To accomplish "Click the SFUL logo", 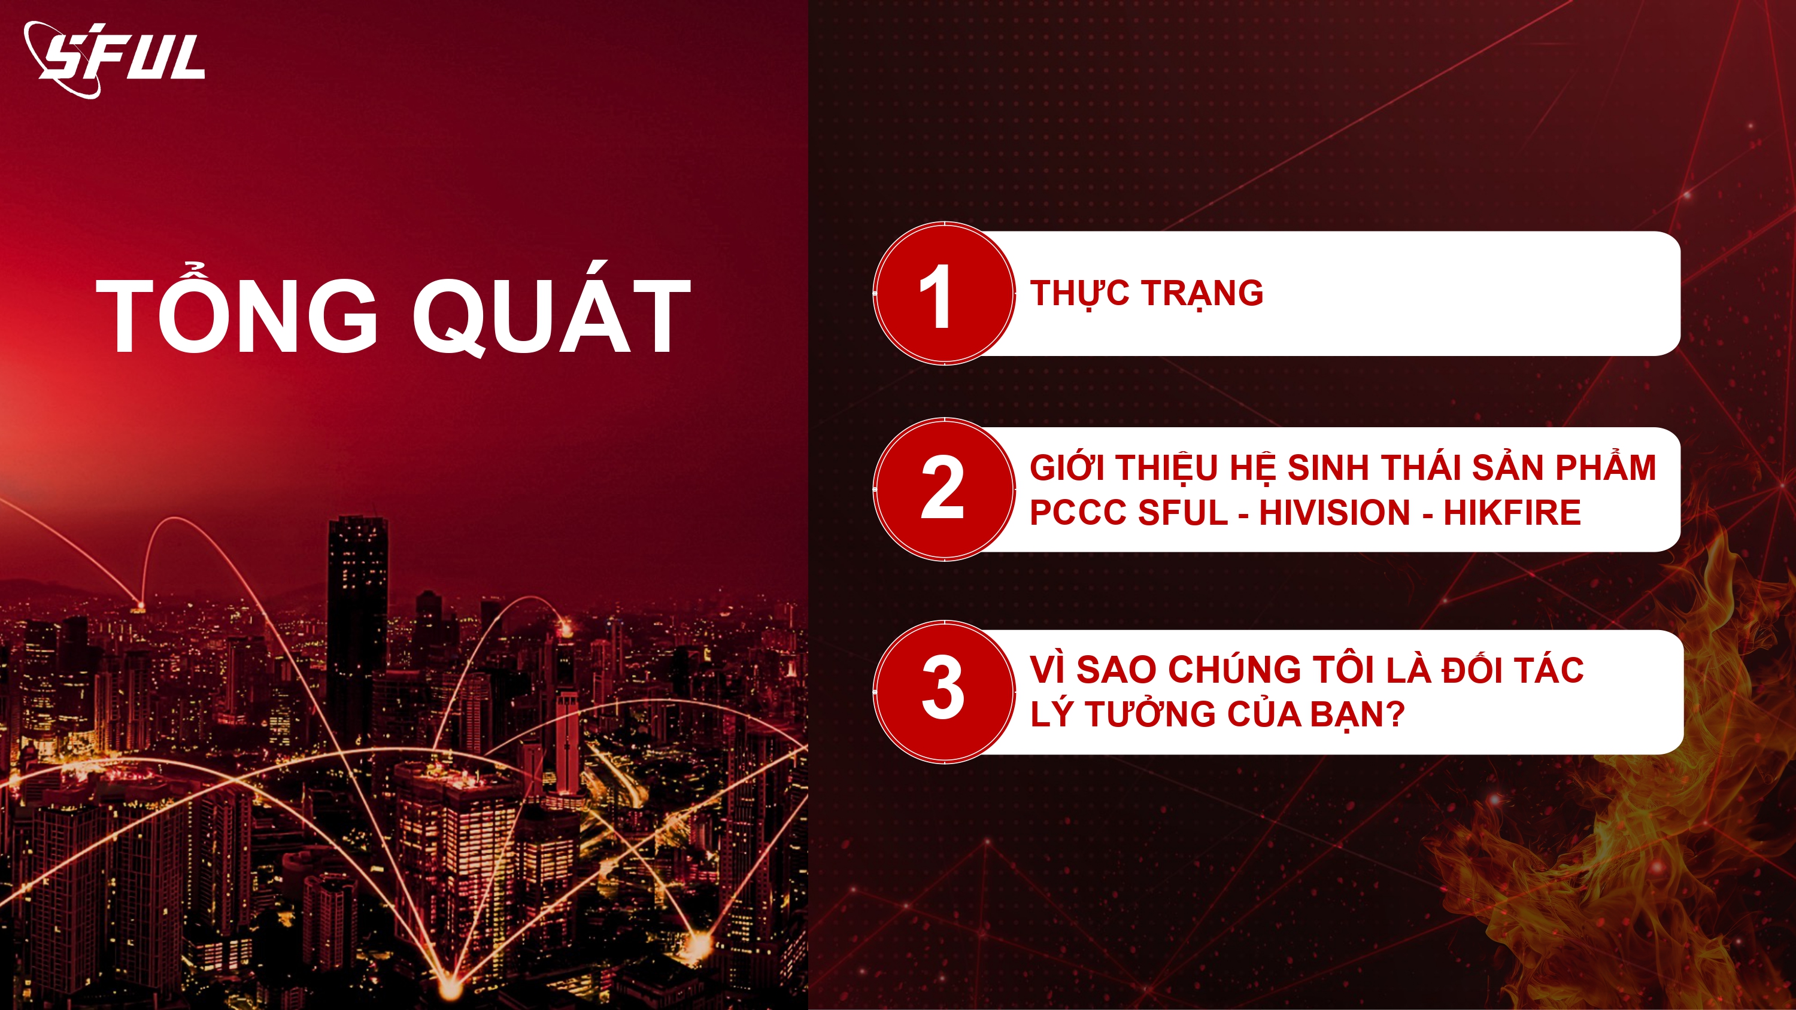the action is click(114, 59).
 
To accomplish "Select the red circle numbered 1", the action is click(944, 293).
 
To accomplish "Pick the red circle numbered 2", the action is click(944, 489).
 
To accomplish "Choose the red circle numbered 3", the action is click(944, 692).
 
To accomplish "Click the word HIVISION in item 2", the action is click(1335, 513).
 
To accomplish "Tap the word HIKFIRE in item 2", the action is click(1512, 513).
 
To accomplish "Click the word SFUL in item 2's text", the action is click(1183, 513).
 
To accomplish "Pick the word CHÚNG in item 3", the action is click(1234, 669).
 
